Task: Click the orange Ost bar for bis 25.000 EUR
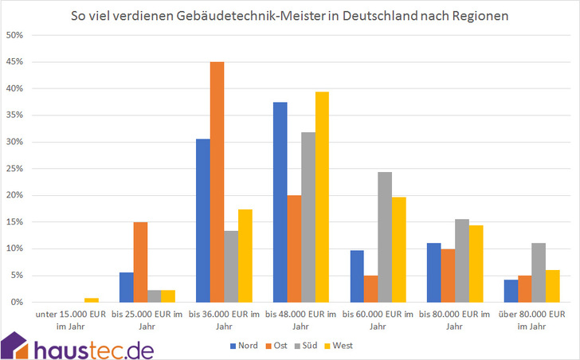click(140, 262)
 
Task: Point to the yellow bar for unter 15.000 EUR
click(91, 299)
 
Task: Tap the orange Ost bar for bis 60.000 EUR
click(371, 288)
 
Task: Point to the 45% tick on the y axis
click(16, 62)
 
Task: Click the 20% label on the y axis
click(16, 195)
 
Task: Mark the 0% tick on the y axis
click(18, 302)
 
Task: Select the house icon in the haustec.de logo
click(17, 343)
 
